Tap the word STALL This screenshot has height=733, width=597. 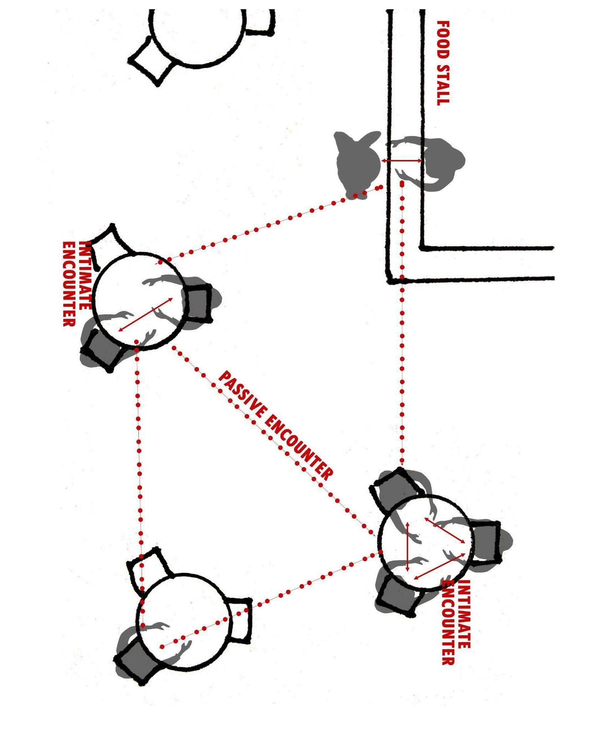[443, 84]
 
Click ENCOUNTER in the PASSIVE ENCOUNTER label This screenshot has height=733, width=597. [299, 447]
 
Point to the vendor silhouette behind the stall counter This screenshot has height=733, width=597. [442, 163]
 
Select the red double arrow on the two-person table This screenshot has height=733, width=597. [145, 314]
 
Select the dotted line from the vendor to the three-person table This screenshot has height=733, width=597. [402, 322]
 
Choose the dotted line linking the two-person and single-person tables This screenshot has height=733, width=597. [139, 465]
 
